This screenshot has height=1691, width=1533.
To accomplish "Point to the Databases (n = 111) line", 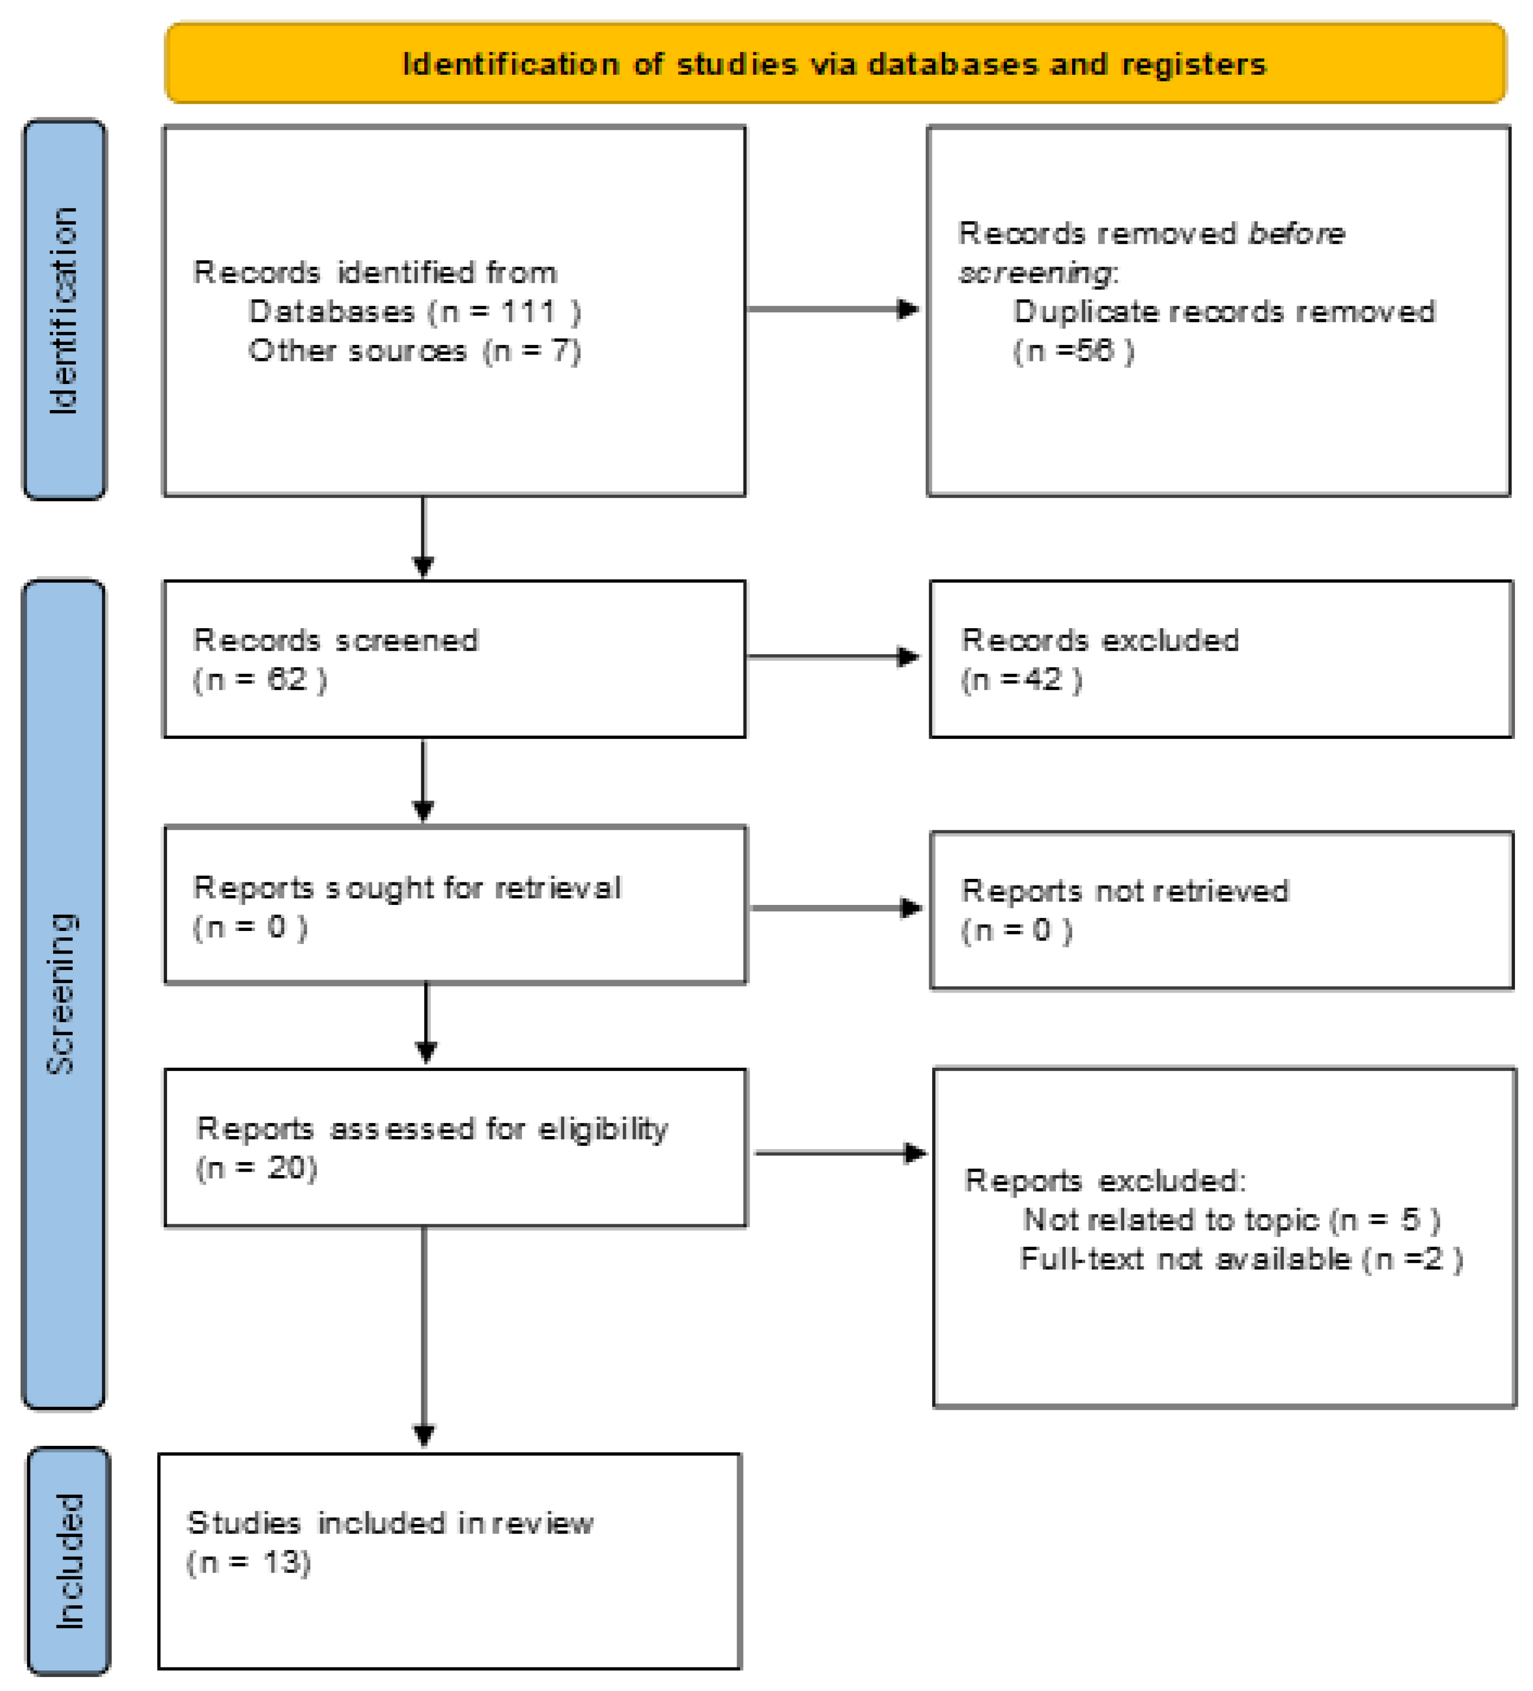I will (x=414, y=312).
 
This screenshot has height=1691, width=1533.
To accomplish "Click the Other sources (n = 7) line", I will (x=414, y=350).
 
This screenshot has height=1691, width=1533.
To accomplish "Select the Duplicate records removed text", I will (x=1224, y=312).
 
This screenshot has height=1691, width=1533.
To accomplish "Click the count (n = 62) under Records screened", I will (x=259, y=679).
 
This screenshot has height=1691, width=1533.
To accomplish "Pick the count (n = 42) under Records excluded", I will (x=1021, y=679).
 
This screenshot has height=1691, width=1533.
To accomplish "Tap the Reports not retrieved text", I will (x=1124, y=891).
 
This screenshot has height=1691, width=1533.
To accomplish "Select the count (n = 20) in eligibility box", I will (x=256, y=1168).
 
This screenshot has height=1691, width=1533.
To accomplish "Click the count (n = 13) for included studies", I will (x=248, y=1562).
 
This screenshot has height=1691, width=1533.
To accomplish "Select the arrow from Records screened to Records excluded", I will (x=833, y=657).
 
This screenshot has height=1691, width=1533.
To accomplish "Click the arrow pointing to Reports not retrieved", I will (x=836, y=907).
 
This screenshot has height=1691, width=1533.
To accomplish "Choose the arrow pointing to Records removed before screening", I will (x=833, y=309).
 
